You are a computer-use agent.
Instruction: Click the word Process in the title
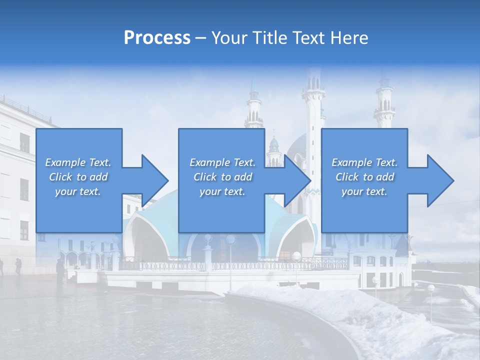[157, 37]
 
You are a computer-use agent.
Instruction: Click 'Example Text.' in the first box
[78, 162]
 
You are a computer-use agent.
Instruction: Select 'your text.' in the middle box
[222, 191]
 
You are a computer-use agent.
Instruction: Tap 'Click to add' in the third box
[364, 177]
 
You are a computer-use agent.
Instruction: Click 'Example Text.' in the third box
[364, 162]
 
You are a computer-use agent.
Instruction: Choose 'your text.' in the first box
[78, 191]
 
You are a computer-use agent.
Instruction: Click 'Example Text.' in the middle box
[222, 162]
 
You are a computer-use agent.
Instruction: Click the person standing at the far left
[18, 266]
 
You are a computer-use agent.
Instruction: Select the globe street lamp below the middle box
[230, 240]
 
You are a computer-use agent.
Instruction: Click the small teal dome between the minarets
[273, 145]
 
